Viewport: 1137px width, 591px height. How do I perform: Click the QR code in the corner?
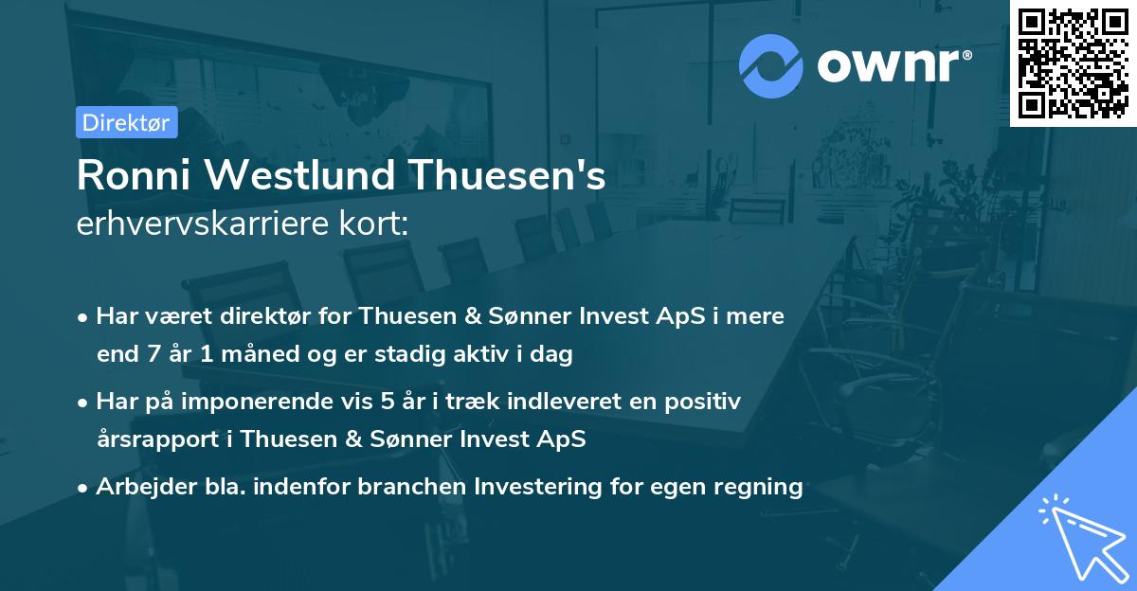coord(1073,63)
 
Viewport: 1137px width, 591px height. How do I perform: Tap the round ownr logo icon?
coord(771,65)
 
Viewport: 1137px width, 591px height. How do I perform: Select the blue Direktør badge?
coord(126,122)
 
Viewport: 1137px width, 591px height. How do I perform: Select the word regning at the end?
coord(762,487)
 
